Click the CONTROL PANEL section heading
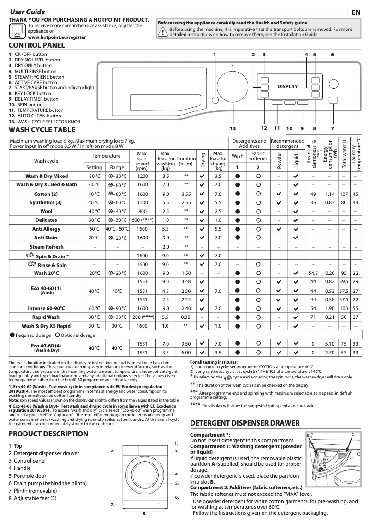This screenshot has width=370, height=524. pyautogui.click(x=37, y=45)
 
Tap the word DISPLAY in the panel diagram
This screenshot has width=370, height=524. pyautogui.click(x=287, y=86)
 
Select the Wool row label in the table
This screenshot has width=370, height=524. pyautogui.click(x=47, y=211)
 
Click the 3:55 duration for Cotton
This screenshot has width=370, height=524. pyautogui.click(x=186, y=194)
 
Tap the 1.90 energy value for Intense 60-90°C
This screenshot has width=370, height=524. pyautogui.click(x=329, y=308)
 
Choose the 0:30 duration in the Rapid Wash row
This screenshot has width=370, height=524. pyautogui.click(x=186, y=317)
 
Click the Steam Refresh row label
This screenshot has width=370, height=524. pyautogui.click(x=47, y=247)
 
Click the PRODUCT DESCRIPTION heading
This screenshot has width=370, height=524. pyautogui.click(x=48, y=433)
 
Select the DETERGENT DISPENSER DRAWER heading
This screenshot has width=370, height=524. pyautogui.click(x=245, y=423)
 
